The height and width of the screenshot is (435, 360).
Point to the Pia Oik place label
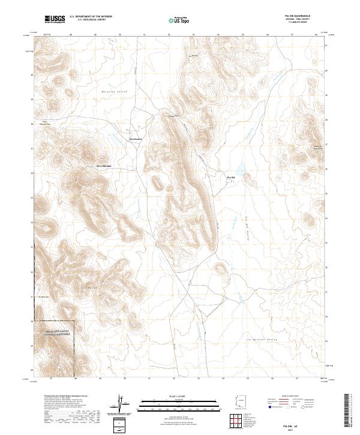point(230,178)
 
